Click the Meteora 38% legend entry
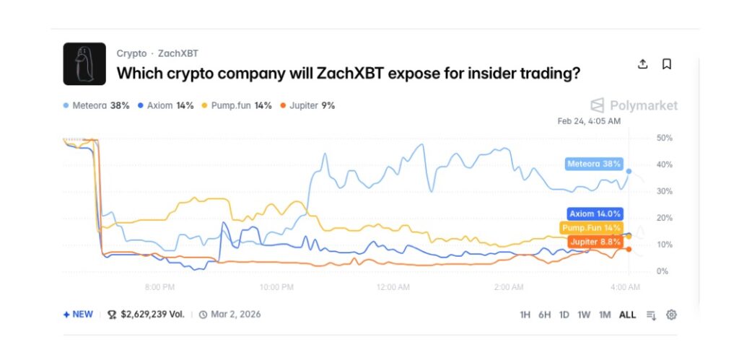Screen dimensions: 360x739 (x=96, y=105)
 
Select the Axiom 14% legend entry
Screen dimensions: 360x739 (x=165, y=105)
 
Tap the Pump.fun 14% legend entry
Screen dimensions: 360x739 (x=237, y=105)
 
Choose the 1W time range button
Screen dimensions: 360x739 (x=584, y=315)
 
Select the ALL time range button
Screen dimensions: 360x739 (x=627, y=315)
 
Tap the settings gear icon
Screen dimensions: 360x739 (x=671, y=315)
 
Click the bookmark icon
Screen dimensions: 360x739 (x=667, y=64)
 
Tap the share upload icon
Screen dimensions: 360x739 (x=643, y=64)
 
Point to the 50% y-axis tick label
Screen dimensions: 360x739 (x=665, y=138)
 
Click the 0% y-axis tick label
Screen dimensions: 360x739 (x=663, y=271)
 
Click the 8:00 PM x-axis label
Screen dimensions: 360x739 (x=159, y=287)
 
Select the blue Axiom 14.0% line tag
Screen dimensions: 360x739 (x=595, y=214)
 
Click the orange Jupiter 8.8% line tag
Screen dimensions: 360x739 (x=595, y=242)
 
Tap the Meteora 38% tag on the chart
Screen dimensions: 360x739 (x=593, y=164)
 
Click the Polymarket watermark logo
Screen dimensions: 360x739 (x=634, y=105)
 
